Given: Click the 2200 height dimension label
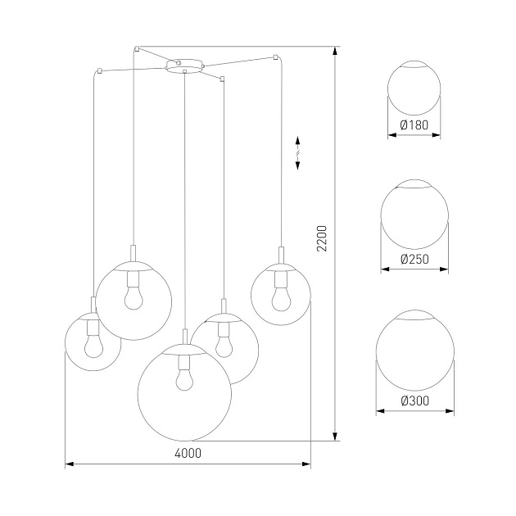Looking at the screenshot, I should [322, 238].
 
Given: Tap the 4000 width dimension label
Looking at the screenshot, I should [188, 453].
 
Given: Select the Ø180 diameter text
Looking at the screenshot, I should [414, 125].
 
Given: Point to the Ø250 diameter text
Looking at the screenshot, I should [414, 260].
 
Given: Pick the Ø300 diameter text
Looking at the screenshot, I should [414, 400].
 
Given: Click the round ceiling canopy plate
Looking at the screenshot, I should [183, 64].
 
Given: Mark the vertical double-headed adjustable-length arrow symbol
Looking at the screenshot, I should [297, 153].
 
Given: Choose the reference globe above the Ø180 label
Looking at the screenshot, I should [414, 88].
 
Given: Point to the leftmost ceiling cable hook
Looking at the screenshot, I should [97, 71].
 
